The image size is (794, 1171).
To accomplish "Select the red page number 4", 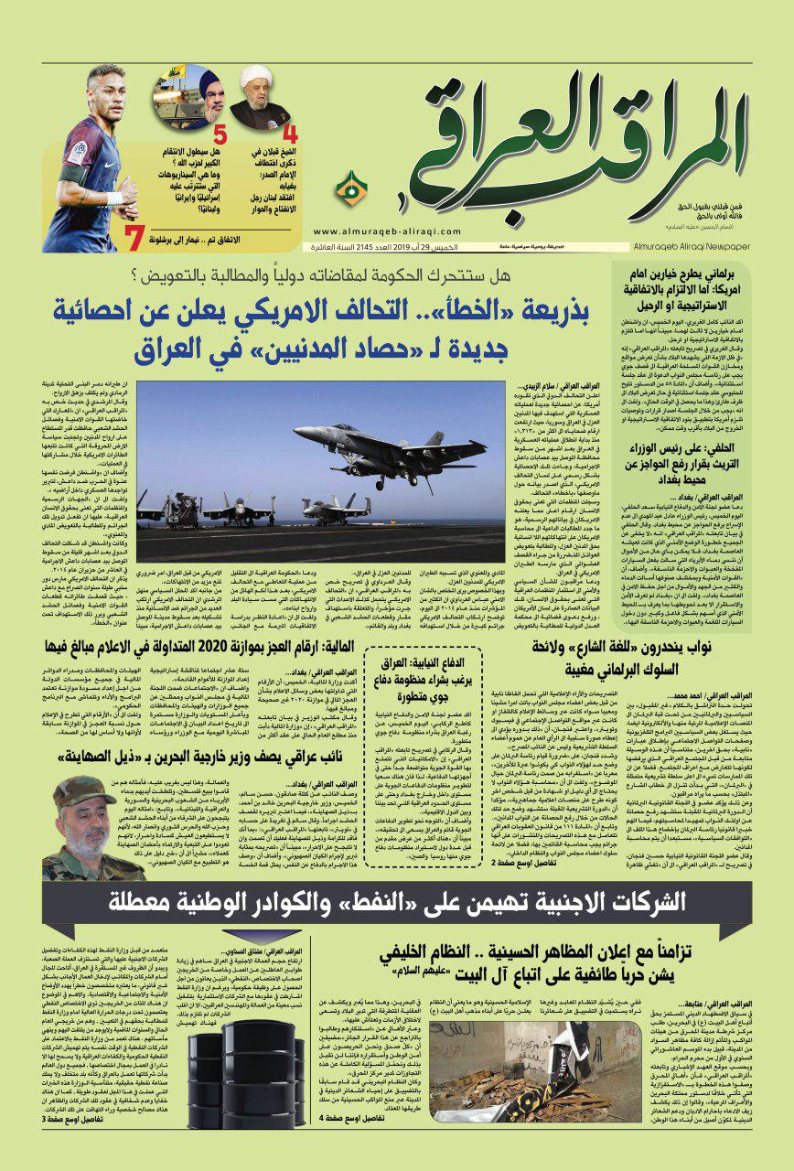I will pyautogui.click(x=291, y=134).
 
